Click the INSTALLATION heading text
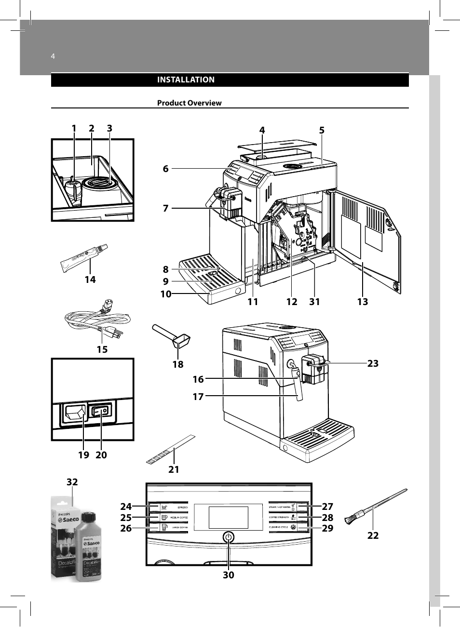coord(186,80)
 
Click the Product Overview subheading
coord(189,103)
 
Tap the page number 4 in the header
coord(53,56)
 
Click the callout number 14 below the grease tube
coord(90,280)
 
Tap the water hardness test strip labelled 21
coord(170,450)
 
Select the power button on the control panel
coord(229,537)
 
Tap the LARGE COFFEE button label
coord(179,528)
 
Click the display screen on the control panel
coord(229,517)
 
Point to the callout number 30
coord(229,575)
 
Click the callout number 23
coord(373,364)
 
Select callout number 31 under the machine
coord(314,302)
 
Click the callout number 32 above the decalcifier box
coord(72,482)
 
